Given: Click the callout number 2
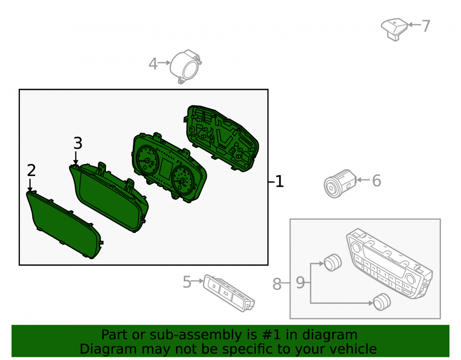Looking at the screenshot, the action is [x=31, y=170].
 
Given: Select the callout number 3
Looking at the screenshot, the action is [x=78, y=143].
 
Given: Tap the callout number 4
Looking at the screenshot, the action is [x=153, y=64].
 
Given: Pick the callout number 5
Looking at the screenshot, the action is [x=187, y=282].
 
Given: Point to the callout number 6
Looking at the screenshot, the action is [x=377, y=180].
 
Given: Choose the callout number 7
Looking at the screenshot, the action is [x=426, y=26].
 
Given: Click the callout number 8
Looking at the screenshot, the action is [x=277, y=284].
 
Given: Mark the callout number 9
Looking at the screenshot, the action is [x=300, y=283].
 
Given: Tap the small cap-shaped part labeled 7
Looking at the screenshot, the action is [x=395, y=29].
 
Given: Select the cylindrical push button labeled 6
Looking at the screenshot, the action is [x=340, y=183].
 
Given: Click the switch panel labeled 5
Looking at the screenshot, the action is [x=229, y=293].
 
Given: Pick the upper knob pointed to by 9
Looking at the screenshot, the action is [x=332, y=262].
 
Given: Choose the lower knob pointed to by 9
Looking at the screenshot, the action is [x=382, y=302].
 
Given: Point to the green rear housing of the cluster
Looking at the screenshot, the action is [x=221, y=138].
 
